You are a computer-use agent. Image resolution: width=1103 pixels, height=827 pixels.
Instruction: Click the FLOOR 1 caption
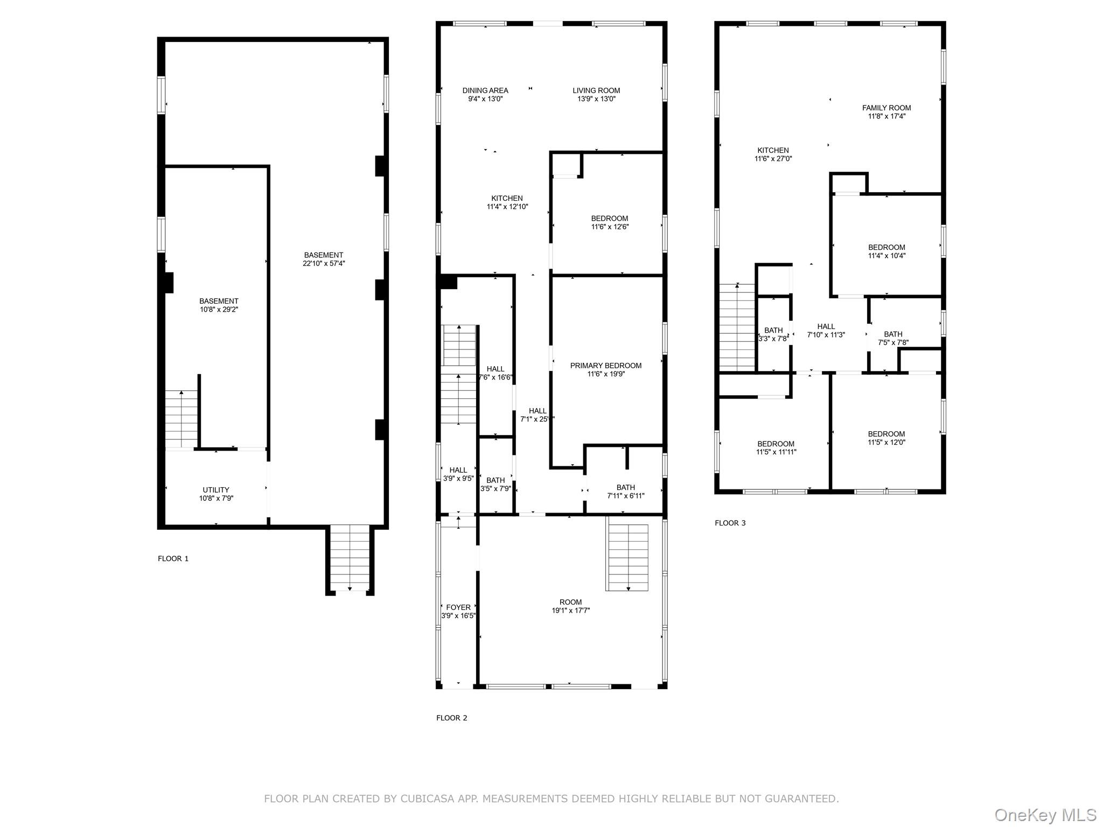click(173, 558)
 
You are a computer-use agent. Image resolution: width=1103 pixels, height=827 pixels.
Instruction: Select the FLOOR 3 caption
click(730, 523)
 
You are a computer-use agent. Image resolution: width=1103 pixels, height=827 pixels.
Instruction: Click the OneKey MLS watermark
click(1045, 815)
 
